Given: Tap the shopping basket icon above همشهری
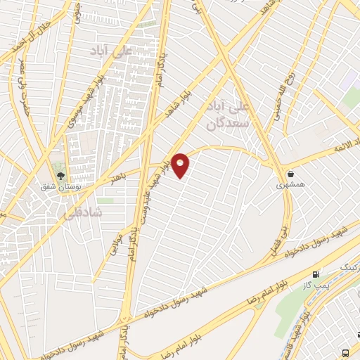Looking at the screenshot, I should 290,173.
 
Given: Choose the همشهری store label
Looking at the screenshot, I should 290,184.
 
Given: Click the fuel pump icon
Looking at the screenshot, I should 316,274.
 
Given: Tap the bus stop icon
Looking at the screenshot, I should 346,352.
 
